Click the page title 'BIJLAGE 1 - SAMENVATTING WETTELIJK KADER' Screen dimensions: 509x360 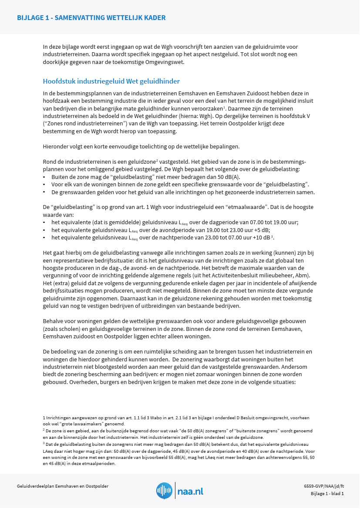(91, 18)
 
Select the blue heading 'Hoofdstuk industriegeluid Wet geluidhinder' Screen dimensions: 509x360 (111, 81)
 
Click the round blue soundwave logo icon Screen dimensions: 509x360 (164, 491)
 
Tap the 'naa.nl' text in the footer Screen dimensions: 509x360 (190, 491)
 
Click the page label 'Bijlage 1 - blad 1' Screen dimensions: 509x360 (327, 494)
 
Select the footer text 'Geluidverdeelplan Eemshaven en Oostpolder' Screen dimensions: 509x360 (62, 486)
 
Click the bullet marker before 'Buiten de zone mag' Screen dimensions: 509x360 (44, 177)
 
